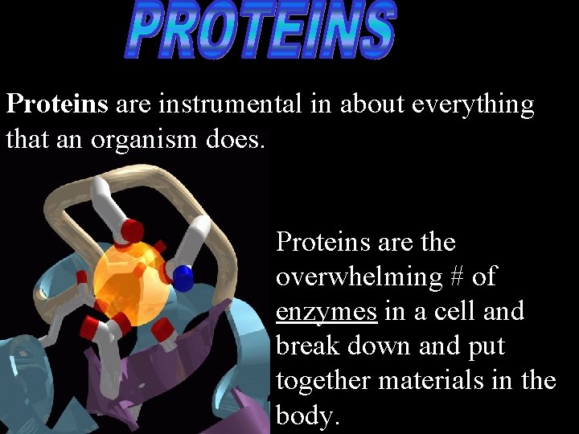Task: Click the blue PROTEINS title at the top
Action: (x=261, y=32)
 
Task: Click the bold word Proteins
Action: (x=56, y=104)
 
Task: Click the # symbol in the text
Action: (x=457, y=276)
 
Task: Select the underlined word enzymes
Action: (x=326, y=312)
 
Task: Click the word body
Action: (x=306, y=416)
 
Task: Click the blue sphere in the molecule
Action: (x=184, y=278)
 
